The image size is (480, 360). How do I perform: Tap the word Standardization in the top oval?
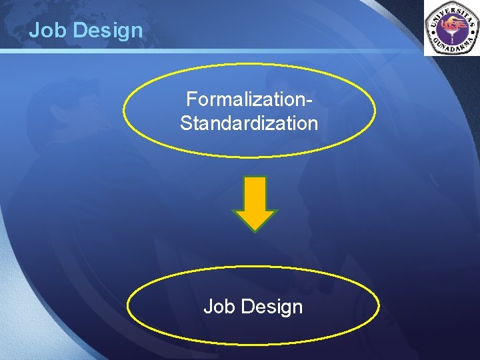tap(249, 123)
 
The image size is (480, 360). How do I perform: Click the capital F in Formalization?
tap(191, 100)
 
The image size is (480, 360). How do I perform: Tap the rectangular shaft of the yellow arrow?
tap(254, 193)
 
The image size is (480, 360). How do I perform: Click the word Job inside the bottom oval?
tap(217, 307)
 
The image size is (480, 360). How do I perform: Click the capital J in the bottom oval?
tap(207, 307)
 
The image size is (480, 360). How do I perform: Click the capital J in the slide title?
tap(34, 31)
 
